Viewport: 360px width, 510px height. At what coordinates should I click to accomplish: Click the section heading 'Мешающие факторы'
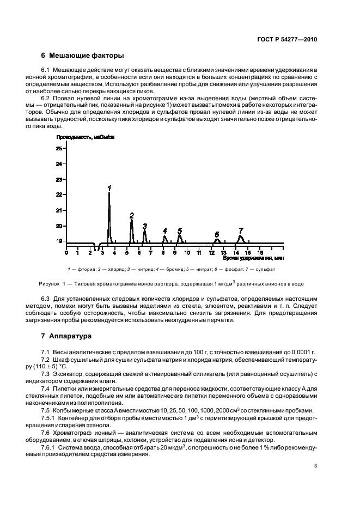(87, 56)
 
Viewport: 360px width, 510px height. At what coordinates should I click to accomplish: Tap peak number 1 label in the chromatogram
(109, 188)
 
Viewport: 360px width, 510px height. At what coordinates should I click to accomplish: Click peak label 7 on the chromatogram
(241, 230)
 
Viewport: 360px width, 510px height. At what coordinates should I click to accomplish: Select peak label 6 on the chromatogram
(217, 234)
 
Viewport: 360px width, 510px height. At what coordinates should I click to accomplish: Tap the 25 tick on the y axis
(59, 148)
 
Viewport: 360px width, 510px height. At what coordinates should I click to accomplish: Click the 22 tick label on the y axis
(59, 195)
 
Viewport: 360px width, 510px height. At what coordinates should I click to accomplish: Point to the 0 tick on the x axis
(66, 252)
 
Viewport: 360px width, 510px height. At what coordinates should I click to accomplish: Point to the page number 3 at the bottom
(316, 465)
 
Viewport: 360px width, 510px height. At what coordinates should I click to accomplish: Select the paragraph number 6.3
(46, 299)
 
